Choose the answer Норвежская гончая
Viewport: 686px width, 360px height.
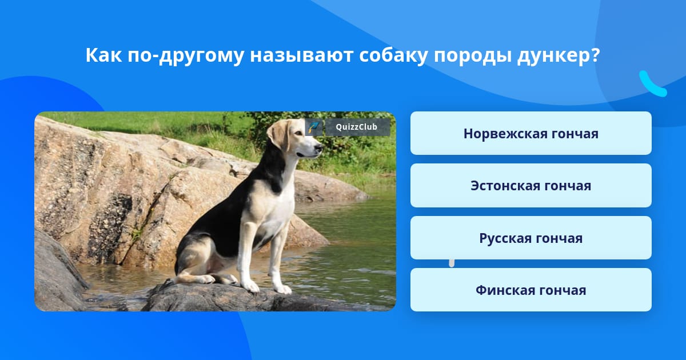pyautogui.click(x=531, y=133)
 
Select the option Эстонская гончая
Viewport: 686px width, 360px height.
pyautogui.click(x=531, y=186)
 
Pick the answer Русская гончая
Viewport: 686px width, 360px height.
pyautogui.click(x=531, y=238)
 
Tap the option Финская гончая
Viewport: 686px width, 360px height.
pyautogui.click(x=531, y=290)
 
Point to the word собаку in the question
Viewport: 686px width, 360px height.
pyautogui.click(x=393, y=56)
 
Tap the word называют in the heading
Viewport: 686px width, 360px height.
pyautogui.click(x=301, y=56)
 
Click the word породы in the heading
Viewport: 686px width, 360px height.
pyautogui.click(x=472, y=57)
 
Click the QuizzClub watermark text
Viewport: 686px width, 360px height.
pyautogui.click(x=357, y=127)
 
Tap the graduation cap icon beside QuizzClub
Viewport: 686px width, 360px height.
pyautogui.click(x=314, y=127)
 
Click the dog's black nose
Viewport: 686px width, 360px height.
pyautogui.click(x=319, y=148)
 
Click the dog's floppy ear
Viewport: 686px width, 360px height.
pyautogui.click(x=279, y=135)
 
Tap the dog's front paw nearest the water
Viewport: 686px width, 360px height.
pyautogui.click(x=282, y=289)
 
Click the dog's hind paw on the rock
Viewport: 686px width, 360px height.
pyautogui.click(x=206, y=279)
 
